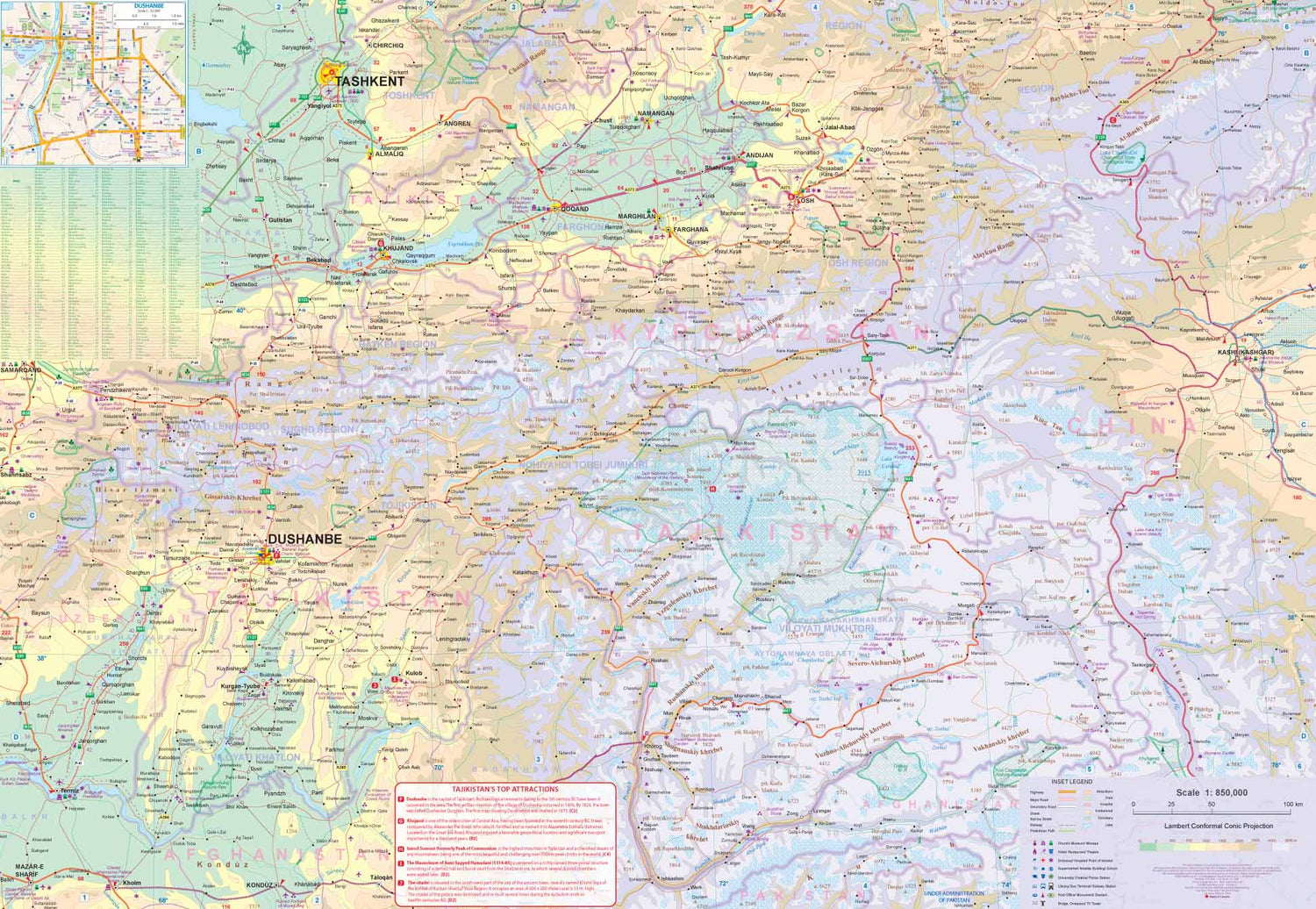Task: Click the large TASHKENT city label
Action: click(x=369, y=82)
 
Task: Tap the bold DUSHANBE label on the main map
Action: click(x=304, y=539)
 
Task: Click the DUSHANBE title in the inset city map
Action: click(x=149, y=6)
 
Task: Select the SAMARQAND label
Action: click(x=20, y=370)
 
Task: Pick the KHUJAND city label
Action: click(x=397, y=248)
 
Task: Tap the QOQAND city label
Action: click(x=575, y=209)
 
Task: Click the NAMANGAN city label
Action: click(x=656, y=113)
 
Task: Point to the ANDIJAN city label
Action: click(x=759, y=155)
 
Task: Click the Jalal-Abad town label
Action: click(x=839, y=127)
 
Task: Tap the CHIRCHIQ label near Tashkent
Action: click(x=387, y=46)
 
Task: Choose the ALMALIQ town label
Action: click(x=390, y=154)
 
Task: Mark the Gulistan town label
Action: click(x=281, y=220)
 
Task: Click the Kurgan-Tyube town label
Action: click(x=240, y=686)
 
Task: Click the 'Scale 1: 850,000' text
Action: click(x=1212, y=792)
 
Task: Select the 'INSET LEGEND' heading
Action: click(x=1071, y=782)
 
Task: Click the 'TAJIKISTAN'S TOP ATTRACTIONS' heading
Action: click(x=505, y=789)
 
